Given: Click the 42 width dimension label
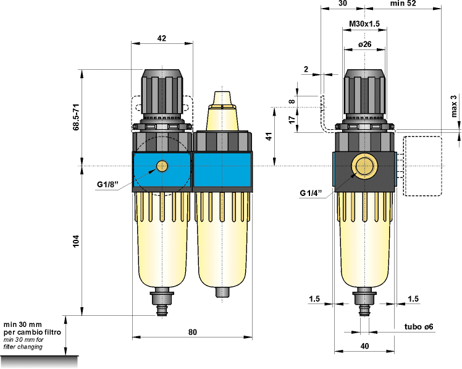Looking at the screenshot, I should pyautogui.click(x=161, y=38).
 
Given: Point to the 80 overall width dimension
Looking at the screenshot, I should pyautogui.click(x=192, y=333).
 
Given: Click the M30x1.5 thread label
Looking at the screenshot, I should pyautogui.click(x=364, y=23).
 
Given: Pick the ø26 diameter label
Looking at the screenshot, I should pyautogui.click(x=364, y=45).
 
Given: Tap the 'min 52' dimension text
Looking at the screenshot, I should pyautogui.click(x=420, y=4).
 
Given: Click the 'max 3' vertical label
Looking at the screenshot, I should pyautogui.click(x=454, y=106).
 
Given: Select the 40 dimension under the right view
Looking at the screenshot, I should pyautogui.click(x=364, y=346).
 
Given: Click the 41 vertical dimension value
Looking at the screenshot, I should pyautogui.click(x=269, y=137).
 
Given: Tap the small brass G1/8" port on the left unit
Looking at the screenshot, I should pyautogui.click(x=162, y=166).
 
